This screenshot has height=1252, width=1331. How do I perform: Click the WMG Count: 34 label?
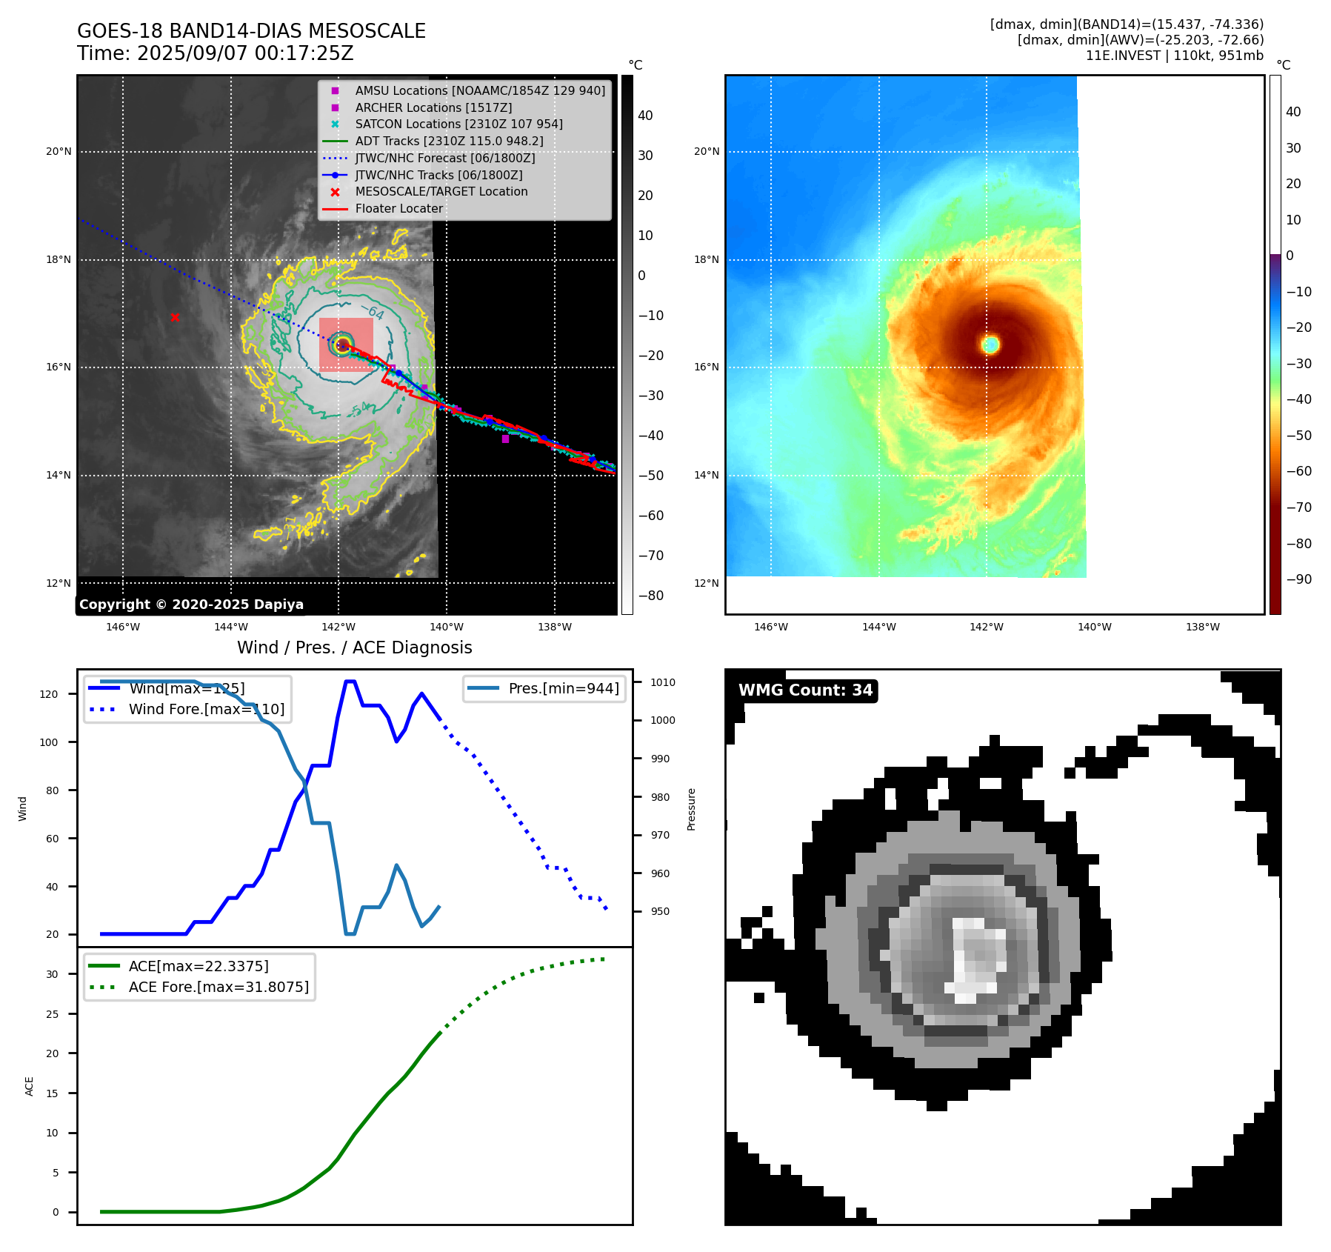tap(805, 690)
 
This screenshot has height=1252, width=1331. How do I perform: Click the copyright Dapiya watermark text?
tap(191, 605)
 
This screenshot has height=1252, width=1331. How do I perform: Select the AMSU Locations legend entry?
tap(479, 90)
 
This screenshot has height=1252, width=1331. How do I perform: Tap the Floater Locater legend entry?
tap(398, 209)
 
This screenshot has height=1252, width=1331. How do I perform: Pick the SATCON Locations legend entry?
tap(458, 124)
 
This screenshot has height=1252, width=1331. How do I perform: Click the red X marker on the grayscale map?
tap(175, 317)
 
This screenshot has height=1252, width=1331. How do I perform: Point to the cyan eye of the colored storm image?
tap(990, 344)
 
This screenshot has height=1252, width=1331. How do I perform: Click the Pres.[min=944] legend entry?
tap(563, 688)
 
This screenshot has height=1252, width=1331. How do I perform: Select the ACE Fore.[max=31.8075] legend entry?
tap(219, 987)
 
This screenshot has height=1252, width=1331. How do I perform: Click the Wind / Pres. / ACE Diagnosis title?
tap(354, 647)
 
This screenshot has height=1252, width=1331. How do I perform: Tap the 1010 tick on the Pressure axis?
tap(663, 682)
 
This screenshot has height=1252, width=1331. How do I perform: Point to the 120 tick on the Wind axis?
tap(49, 694)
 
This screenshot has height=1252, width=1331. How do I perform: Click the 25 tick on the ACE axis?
tap(52, 1014)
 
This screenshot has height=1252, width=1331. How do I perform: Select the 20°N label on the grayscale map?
tap(59, 152)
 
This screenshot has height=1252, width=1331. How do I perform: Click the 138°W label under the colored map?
tap(1202, 627)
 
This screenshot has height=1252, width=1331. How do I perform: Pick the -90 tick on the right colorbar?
tap(1298, 579)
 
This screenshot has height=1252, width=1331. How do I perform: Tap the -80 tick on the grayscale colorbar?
tap(651, 596)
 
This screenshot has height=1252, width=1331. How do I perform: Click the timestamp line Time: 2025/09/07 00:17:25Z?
tap(215, 53)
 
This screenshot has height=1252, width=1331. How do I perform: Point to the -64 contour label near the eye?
tap(373, 312)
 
